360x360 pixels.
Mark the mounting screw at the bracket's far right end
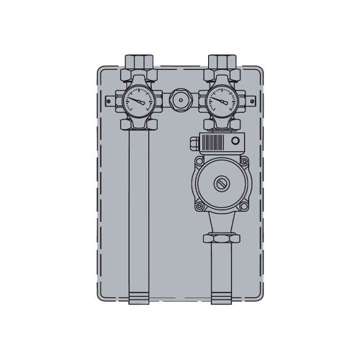247,99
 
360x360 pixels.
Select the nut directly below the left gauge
138,124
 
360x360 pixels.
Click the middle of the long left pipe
138,209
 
